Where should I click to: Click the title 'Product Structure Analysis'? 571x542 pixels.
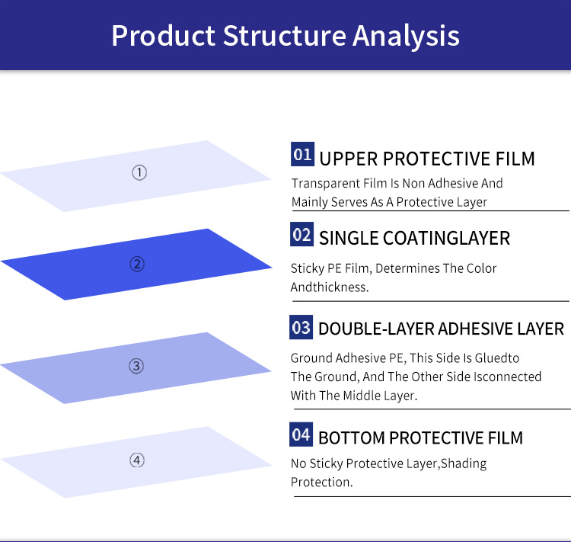pyautogui.click(x=285, y=36)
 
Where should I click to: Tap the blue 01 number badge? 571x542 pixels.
pyautogui.click(x=302, y=156)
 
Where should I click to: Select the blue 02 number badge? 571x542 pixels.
pyautogui.click(x=302, y=235)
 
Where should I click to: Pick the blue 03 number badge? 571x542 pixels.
pyautogui.click(x=301, y=328)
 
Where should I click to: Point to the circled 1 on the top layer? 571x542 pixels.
pyautogui.click(x=139, y=173)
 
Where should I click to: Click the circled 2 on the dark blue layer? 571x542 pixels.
pyautogui.click(x=137, y=265)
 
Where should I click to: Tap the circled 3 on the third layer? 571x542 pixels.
pyautogui.click(x=136, y=367)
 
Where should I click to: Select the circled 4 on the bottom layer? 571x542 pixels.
pyautogui.click(x=137, y=460)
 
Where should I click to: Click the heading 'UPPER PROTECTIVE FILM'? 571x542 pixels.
pyautogui.click(x=427, y=159)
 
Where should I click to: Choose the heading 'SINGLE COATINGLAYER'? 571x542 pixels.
pyautogui.click(x=414, y=238)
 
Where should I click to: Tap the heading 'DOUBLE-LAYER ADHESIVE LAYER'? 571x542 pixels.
pyautogui.click(x=441, y=329)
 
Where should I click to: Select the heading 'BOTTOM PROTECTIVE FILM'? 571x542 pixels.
pyautogui.click(x=420, y=438)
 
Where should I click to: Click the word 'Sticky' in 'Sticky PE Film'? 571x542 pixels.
pyautogui.click(x=308, y=269)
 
